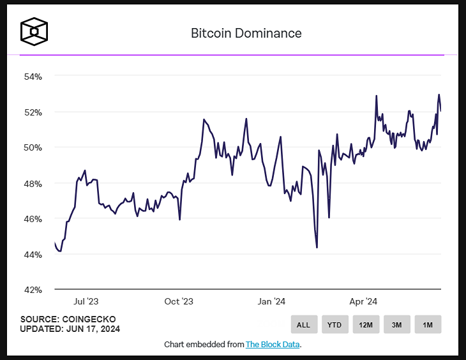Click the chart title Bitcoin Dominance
click(x=246, y=33)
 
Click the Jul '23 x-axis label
click(x=85, y=301)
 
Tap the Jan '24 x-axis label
click(x=271, y=301)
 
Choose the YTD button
click(x=334, y=325)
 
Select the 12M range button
click(x=366, y=325)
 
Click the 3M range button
click(x=396, y=325)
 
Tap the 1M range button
click(x=428, y=325)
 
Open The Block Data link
click(x=273, y=345)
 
